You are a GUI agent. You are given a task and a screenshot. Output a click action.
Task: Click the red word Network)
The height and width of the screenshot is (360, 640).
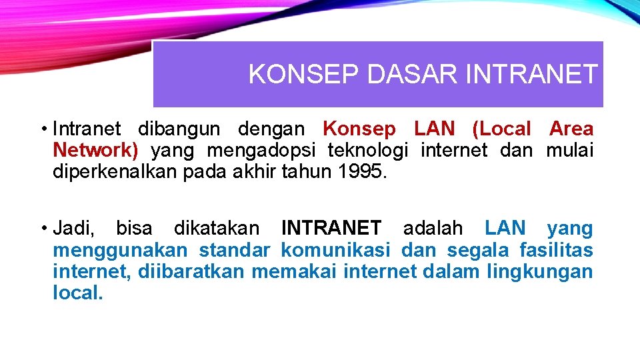95,151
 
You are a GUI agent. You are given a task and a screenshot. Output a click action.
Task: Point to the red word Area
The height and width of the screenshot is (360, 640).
571,129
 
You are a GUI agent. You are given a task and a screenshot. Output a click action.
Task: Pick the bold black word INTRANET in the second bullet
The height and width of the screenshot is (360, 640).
331,229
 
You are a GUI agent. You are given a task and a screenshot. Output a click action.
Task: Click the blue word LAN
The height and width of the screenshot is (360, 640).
505,229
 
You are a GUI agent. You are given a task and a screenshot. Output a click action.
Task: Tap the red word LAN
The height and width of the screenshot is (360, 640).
435,129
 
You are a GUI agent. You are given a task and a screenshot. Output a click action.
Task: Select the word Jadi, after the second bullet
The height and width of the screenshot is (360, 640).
73,229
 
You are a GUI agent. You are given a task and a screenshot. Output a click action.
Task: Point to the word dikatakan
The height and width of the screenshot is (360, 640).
217,229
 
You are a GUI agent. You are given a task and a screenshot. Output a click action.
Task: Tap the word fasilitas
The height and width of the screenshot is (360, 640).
555,251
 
